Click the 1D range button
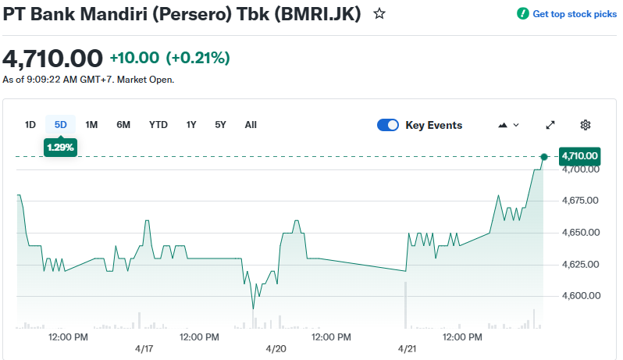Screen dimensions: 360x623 [x=30, y=125]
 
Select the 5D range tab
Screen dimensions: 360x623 [x=61, y=125]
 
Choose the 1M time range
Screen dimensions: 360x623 [x=91, y=125]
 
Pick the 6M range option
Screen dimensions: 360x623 [x=123, y=125]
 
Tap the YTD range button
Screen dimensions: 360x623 [x=158, y=125]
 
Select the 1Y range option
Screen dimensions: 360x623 [x=191, y=125]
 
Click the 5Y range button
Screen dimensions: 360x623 [x=220, y=125]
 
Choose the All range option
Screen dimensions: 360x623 [x=251, y=125]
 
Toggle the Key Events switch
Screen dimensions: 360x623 [x=388, y=125]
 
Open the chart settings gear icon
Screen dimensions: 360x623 [x=586, y=125]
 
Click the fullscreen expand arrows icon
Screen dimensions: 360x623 [x=550, y=125]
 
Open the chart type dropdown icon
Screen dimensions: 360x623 [x=508, y=125]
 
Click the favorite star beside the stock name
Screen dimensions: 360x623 [x=379, y=14]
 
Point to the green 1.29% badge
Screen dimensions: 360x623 [x=61, y=147]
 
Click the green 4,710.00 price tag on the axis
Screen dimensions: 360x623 [x=579, y=156]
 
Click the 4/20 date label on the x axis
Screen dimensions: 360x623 [x=276, y=348]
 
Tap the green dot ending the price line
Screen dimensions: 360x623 [x=544, y=157]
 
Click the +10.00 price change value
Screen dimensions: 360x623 [x=134, y=58]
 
